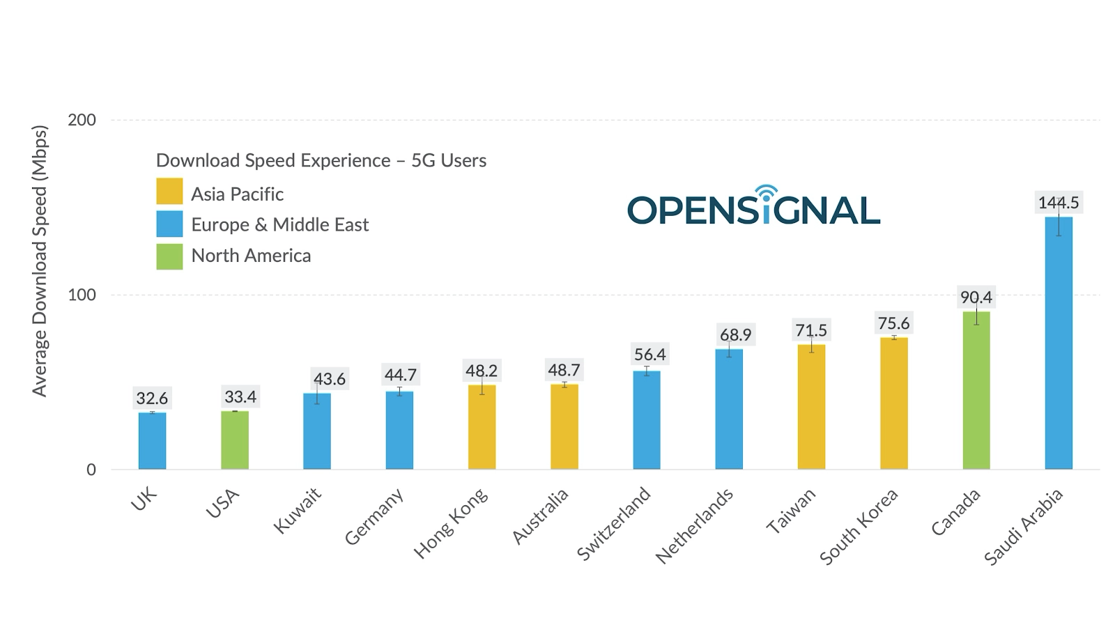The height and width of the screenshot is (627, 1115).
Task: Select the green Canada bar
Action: [976, 390]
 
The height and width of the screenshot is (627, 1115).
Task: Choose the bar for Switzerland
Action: [647, 419]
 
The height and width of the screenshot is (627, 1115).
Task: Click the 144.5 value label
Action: [1058, 203]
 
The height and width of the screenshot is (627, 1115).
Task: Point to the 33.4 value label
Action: [240, 397]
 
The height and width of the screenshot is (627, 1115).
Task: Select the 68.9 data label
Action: [735, 335]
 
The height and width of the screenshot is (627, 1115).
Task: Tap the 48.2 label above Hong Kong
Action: [482, 371]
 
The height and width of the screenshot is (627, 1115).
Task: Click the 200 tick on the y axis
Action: [82, 120]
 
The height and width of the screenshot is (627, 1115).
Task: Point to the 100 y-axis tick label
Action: [82, 295]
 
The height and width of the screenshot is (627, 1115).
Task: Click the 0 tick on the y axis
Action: [91, 470]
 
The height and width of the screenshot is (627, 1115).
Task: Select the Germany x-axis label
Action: [374, 516]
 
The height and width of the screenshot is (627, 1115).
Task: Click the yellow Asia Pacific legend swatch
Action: [169, 192]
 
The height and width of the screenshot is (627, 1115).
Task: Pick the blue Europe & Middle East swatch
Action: [169, 224]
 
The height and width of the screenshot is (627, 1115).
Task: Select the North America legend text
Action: [251, 256]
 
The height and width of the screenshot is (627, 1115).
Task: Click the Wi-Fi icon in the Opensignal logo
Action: [766, 194]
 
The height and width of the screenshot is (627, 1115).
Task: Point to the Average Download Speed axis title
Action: [40, 261]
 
